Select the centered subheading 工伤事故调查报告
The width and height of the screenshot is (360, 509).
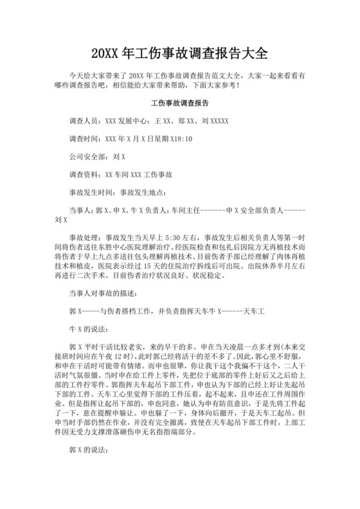coord(179,103)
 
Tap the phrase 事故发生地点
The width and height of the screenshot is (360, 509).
coord(141,192)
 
